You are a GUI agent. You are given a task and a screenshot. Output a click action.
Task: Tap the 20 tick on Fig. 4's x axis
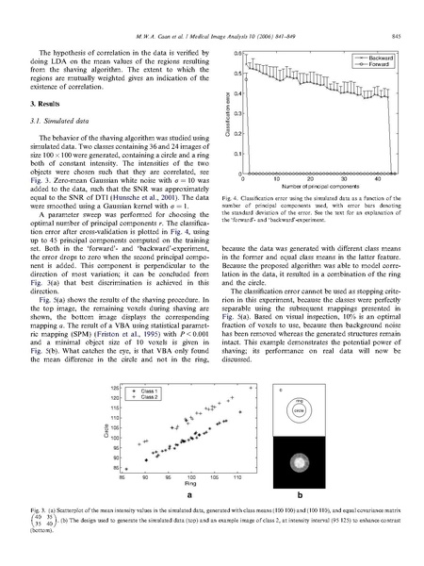coord(304,185)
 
